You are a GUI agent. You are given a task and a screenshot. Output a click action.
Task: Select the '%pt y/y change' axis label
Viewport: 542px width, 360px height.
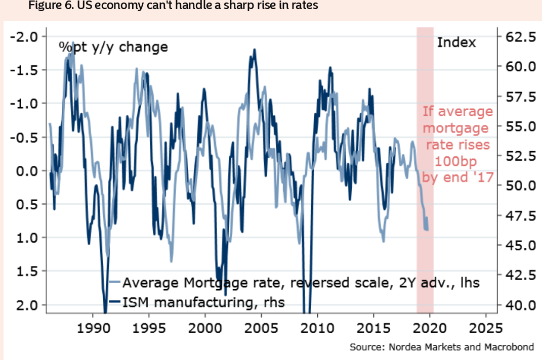[x=112, y=48]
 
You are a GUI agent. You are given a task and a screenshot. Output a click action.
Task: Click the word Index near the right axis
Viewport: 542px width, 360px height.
[x=456, y=42]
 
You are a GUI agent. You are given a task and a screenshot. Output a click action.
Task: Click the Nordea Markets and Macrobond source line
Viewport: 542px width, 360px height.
[x=442, y=347]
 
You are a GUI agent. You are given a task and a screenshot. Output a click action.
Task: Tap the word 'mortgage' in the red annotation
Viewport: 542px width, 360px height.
[x=455, y=128]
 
